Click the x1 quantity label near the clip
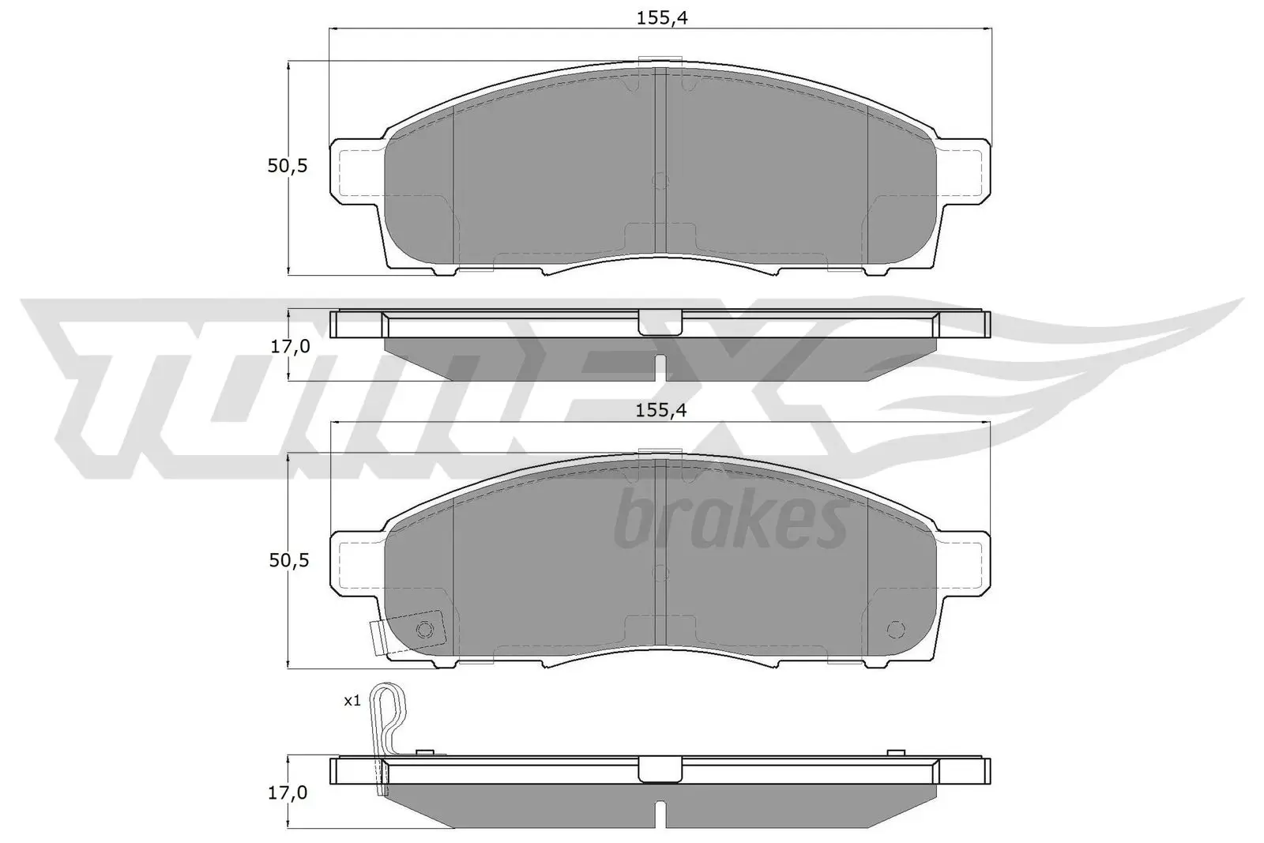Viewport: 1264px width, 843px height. coord(352,700)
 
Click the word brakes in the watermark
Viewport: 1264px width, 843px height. coord(730,522)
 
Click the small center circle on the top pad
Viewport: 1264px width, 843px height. coord(661,181)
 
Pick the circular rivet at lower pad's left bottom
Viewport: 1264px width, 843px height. coord(425,629)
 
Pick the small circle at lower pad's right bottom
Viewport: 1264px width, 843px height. coord(895,629)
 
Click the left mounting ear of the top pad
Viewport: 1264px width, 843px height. coord(355,168)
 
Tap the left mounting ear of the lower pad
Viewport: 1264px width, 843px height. coord(355,561)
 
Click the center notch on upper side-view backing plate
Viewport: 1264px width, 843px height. coord(660,322)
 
